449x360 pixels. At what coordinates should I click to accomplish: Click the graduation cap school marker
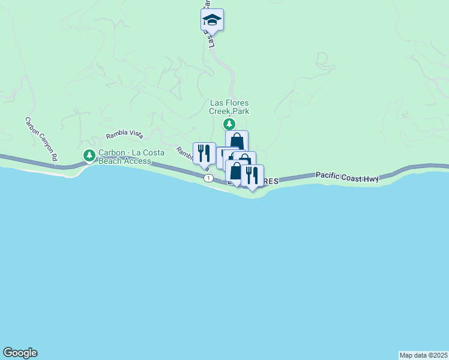point(212,20)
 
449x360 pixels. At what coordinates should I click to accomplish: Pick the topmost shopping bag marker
point(237,142)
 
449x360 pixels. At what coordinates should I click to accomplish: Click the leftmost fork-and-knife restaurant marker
point(203,154)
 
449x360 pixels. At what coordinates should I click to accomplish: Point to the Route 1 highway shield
point(208,178)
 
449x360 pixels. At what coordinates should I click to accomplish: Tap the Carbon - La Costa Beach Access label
point(125,157)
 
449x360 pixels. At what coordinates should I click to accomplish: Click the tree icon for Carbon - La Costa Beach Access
point(89,156)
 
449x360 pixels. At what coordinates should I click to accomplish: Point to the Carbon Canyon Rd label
point(41,138)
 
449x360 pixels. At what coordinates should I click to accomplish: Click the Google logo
point(20,353)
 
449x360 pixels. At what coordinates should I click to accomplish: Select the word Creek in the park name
point(220,111)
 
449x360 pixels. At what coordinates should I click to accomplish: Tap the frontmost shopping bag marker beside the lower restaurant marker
point(236,172)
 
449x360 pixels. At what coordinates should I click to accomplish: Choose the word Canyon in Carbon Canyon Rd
point(41,137)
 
